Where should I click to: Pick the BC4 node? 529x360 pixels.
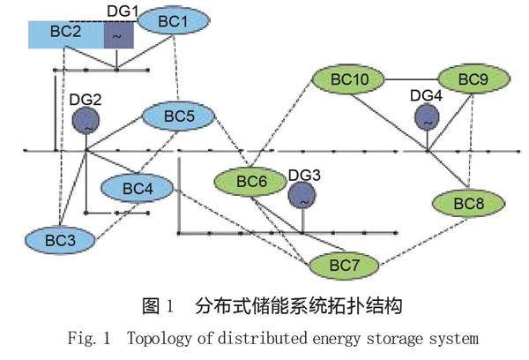click(x=137, y=188)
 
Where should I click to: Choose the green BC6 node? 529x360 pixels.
click(x=250, y=183)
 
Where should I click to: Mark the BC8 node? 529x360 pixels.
click(x=469, y=203)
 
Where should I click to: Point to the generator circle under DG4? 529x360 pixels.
click(x=427, y=118)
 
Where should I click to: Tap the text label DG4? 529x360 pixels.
click(x=426, y=95)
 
